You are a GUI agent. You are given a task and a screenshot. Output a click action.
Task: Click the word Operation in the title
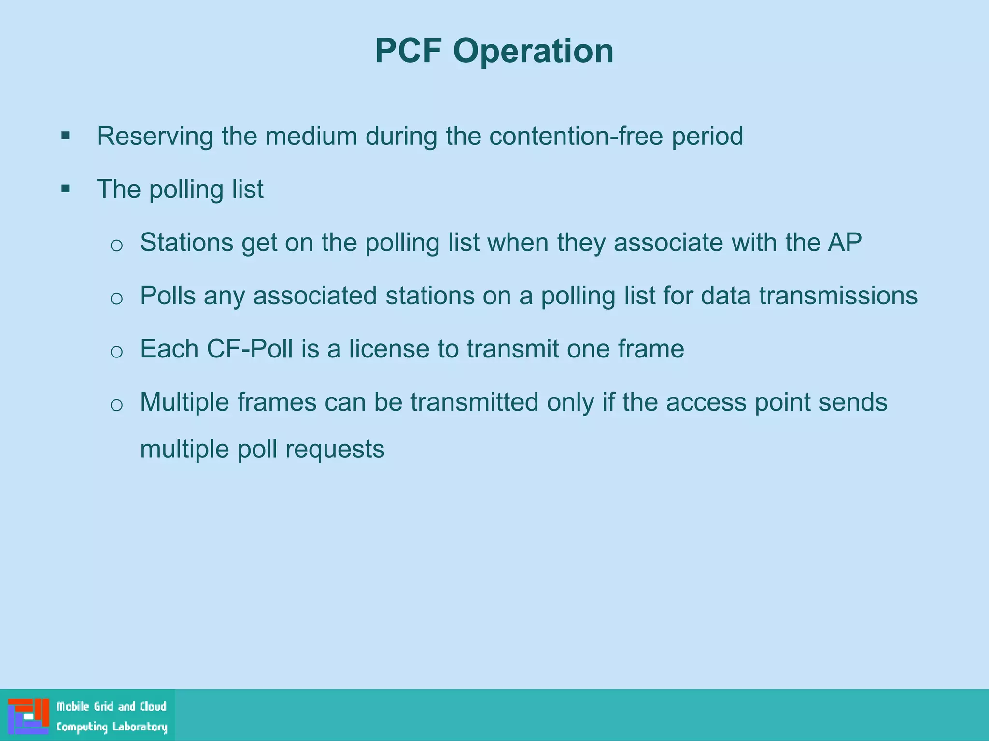[533, 51]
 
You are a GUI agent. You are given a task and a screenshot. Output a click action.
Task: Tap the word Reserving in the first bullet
[155, 136]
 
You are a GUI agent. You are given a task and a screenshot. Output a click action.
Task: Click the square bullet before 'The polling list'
[66, 189]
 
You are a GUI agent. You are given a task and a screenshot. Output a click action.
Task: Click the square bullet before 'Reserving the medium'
[66, 136]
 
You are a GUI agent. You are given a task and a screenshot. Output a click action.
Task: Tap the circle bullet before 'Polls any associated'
[116, 299]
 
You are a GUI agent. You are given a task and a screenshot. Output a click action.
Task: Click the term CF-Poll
[250, 349]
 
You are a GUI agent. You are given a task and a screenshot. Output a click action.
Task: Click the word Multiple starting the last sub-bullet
[184, 402]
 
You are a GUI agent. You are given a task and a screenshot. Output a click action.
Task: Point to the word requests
[335, 450]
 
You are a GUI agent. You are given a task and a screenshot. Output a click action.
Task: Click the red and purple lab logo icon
[28, 716]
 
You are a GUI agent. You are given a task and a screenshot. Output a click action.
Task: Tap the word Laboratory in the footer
[140, 727]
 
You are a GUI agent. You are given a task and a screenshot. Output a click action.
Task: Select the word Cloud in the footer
[153, 706]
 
